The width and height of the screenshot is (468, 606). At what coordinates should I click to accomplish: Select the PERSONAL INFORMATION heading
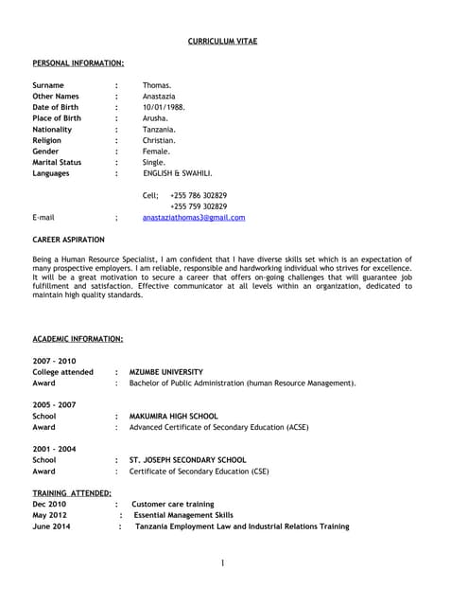78,63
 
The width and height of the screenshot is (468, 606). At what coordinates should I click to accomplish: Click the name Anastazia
160,97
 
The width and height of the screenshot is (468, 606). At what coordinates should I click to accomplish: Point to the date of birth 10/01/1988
164,107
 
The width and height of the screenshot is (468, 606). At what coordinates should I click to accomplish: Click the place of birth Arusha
156,118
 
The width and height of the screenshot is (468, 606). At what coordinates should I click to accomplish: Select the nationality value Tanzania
160,130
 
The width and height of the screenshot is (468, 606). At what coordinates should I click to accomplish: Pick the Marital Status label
57,163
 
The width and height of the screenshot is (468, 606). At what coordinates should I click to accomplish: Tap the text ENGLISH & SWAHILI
178,174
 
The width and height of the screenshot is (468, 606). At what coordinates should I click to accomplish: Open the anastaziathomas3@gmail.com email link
194,218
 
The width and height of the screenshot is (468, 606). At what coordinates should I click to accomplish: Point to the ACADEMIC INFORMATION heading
78,339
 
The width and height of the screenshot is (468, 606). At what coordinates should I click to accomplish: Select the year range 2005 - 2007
54,404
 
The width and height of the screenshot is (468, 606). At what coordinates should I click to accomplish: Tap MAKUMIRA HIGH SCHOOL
173,416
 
